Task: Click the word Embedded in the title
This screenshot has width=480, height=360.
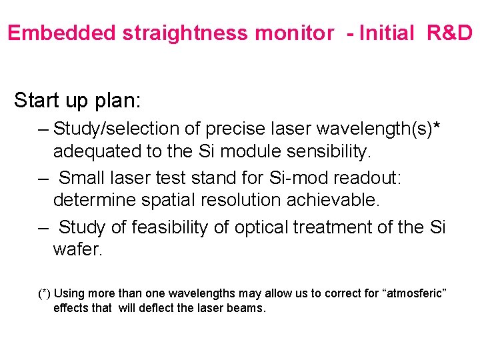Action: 62,33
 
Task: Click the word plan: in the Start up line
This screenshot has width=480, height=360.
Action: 115,100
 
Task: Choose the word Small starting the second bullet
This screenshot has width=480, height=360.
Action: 81,178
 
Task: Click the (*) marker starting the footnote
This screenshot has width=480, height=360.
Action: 44,294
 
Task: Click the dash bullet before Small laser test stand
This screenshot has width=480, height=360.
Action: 43,178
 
